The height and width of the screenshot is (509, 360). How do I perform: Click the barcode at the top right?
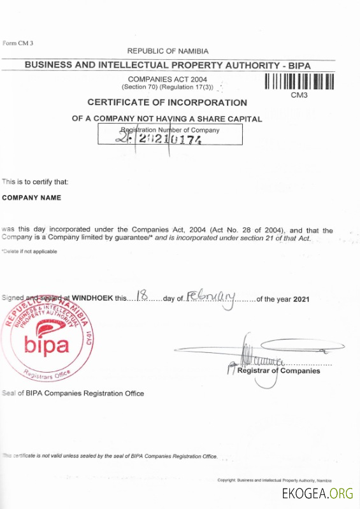299,83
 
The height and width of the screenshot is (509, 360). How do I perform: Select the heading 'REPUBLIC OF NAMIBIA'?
168,51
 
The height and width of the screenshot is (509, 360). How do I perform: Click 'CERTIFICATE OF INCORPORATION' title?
167,103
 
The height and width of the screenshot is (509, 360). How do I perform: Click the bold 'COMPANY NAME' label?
32,197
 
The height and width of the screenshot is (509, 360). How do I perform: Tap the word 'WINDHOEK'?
92,298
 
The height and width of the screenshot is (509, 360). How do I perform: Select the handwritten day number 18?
143,296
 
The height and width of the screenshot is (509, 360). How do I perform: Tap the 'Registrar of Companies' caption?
278,371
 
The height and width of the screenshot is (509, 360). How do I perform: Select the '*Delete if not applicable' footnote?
29,251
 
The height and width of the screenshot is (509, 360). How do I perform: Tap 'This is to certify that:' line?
35,182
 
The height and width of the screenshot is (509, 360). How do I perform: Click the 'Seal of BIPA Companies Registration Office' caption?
73,393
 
